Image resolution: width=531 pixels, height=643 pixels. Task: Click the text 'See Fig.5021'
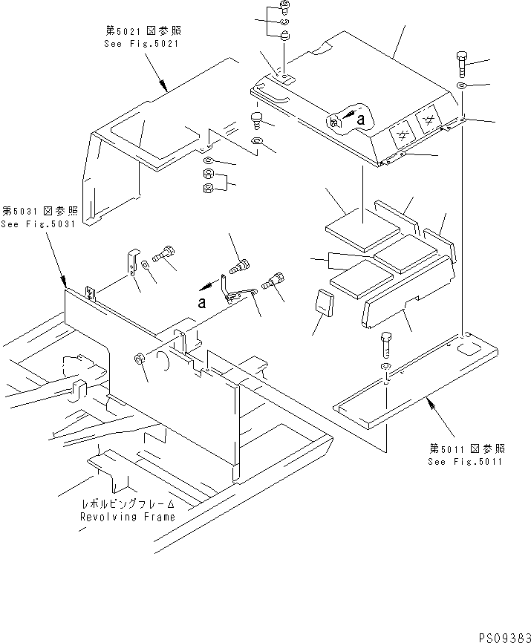[141, 44]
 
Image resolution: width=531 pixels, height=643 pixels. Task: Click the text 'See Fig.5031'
[38, 224]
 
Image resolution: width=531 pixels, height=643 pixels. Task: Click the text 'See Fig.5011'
[465, 462]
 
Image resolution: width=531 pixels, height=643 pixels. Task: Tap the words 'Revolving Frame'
[128, 517]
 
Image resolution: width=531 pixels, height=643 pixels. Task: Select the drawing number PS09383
[504, 637]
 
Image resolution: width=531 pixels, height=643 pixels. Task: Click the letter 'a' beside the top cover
[361, 120]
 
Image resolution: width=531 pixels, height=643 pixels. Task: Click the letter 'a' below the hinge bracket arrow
[201, 303]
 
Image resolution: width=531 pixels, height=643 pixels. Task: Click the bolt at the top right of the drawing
[462, 64]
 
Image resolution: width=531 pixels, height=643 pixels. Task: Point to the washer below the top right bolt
[461, 85]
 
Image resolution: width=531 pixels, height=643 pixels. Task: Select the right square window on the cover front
[428, 120]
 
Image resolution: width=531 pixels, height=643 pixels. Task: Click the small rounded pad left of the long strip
[324, 303]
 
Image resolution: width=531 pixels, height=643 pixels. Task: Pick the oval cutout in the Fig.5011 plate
[467, 350]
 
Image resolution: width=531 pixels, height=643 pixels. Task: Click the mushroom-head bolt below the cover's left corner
[256, 120]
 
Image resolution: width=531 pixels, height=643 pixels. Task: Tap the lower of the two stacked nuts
[208, 189]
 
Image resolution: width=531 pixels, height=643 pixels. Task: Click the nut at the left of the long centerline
[139, 359]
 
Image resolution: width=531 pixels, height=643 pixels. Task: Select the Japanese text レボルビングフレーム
[128, 503]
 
